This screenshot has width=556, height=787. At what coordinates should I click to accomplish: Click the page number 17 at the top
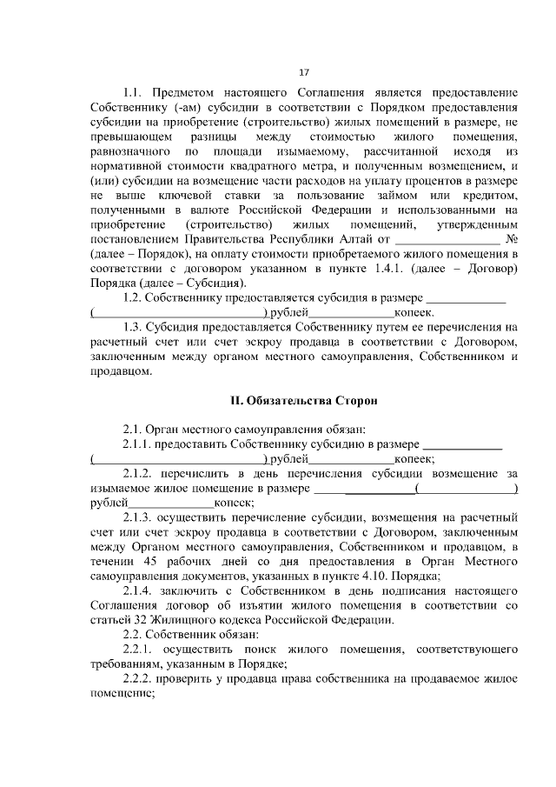(x=303, y=71)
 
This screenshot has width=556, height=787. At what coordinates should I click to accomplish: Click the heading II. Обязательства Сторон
(x=302, y=401)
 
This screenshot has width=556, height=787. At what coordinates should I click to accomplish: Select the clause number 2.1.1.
(x=137, y=444)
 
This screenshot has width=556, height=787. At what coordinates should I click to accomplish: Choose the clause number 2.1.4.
(x=137, y=590)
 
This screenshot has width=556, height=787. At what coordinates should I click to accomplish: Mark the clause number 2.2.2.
(x=137, y=679)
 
